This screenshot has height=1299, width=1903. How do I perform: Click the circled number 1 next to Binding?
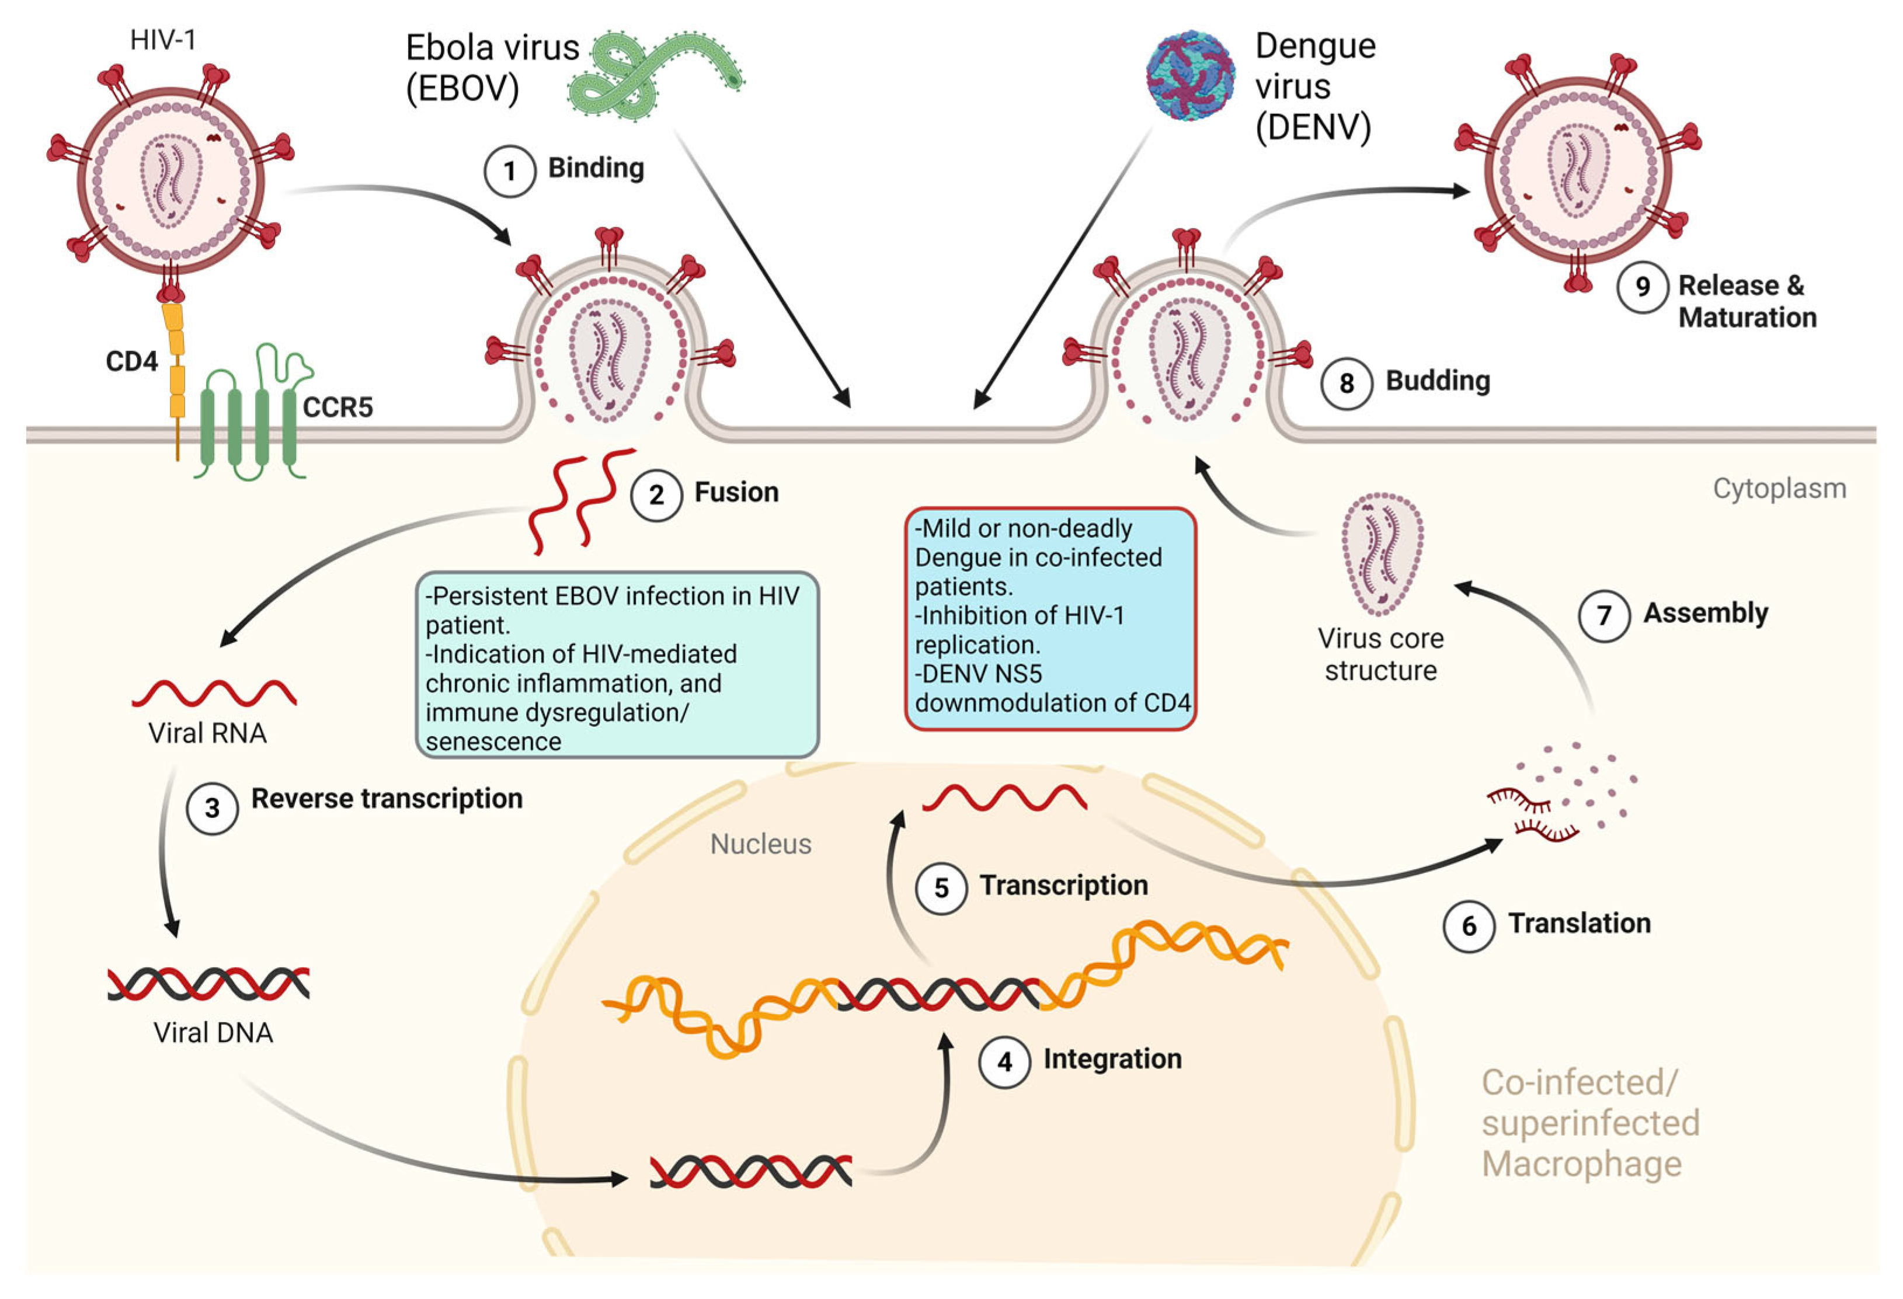pyautogui.click(x=509, y=171)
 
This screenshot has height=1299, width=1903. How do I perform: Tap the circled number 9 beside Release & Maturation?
pyautogui.click(x=1642, y=287)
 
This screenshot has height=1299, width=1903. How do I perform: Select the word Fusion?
pyautogui.click(x=736, y=492)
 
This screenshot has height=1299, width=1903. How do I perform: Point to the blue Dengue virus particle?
pyautogui.click(x=1190, y=76)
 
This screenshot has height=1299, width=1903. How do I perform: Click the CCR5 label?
pyautogui.click(x=338, y=407)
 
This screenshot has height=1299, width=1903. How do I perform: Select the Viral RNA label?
pyautogui.click(x=207, y=733)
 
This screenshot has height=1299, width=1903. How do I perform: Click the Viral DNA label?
pyautogui.click(x=213, y=1032)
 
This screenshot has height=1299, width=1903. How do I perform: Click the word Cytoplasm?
pyautogui.click(x=1779, y=489)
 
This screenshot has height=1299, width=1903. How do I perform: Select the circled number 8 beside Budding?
pyautogui.click(x=1346, y=383)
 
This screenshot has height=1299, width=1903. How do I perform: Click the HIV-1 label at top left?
pyautogui.click(x=163, y=39)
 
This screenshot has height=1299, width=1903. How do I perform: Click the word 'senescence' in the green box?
pyautogui.click(x=493, y=741)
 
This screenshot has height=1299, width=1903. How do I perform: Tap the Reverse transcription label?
pyautogui.click(x=387, y=798)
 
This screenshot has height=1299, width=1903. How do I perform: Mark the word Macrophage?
pyautogui.click(x=1581, y=1163)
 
